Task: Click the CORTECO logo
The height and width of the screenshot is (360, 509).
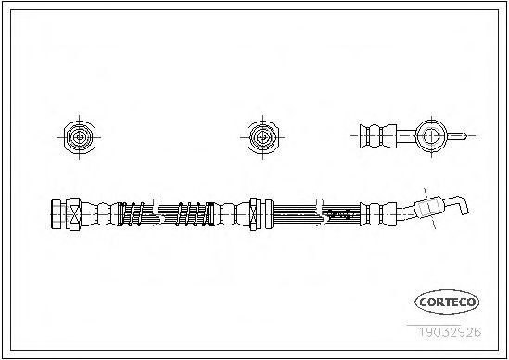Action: tap(447, 302)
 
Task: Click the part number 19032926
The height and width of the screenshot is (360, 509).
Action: tap(450, 332)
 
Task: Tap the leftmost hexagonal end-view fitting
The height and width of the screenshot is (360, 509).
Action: tap(80, 137)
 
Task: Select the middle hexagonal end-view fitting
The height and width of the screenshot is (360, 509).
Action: tap(263, 137)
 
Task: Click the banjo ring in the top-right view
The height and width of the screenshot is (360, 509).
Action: tap(431, 135)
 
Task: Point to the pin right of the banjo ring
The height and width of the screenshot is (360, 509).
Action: tap(457, 135)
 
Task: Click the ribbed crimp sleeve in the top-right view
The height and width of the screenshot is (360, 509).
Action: tap(378, 135)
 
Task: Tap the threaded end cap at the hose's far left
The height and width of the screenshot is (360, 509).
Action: tap(57, 214)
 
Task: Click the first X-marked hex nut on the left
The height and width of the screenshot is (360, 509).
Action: tap(75, 214)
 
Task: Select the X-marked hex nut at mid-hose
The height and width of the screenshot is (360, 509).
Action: tap(253, 214)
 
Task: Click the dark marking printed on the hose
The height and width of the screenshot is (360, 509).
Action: tap(340, 213)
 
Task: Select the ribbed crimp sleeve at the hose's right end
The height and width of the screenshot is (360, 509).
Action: tap(378, 214)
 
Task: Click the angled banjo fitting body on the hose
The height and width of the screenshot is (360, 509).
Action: tap(428, 207)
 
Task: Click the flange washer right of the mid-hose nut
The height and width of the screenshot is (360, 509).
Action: tap(269, 214)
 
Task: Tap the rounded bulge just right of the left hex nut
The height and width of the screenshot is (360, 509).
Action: tap(89, 214)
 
